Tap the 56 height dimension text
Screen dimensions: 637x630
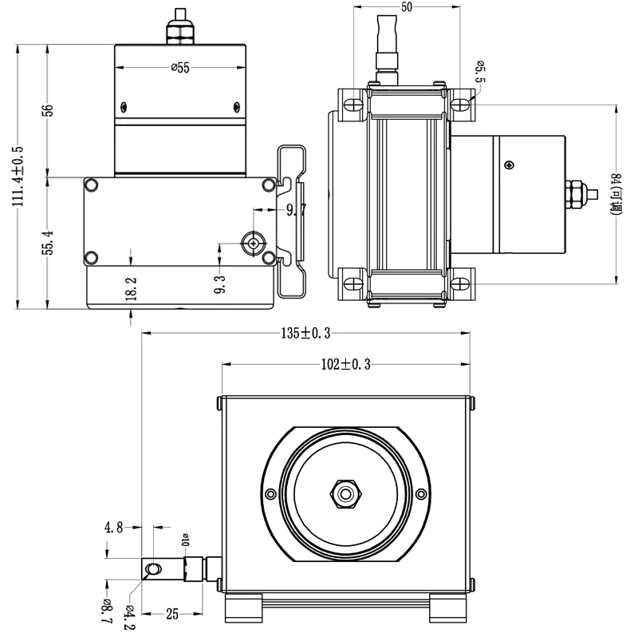pyautogui.click(x=48, y=110)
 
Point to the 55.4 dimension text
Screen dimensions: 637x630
pyautogui.click(x=48, y=243)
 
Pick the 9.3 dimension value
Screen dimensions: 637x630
pyautogui.click(x=219, y=285)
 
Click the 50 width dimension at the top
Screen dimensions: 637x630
pyautogui.click(x=407, y=8)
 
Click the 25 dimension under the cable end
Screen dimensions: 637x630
pyautogui.click(x=172, y=614)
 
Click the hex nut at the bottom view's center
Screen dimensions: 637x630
pyautogui.click(x=345, y=493)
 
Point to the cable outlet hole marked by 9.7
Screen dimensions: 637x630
pyautogui.click(x=254, y=242)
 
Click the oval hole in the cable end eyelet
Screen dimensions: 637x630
pyautogui.click(x=155, y=568)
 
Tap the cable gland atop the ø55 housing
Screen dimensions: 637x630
pyautogui.click(x=179, y=30)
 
